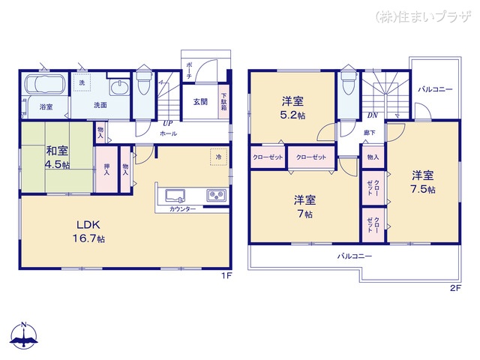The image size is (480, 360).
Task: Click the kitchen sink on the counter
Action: pos(175,196)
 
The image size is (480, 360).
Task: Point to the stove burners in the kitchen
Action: pos(217,196)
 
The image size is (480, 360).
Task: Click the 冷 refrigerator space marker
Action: pos(218,158)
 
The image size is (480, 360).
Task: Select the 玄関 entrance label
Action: pos(199,102)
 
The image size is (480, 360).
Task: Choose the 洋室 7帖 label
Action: pos(304,206)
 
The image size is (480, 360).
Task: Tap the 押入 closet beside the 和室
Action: pos(106,169)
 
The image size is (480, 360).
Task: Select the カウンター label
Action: pos(183,208)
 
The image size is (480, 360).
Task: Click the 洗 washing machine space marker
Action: pos(82,82)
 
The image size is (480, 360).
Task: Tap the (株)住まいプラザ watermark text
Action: pos(424,14)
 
